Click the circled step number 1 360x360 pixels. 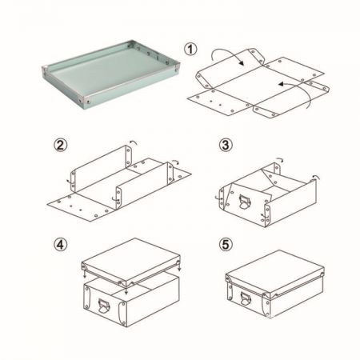tap(190, 49)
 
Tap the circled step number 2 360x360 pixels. tap(61, 146)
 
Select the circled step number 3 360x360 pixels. tap(226, 145)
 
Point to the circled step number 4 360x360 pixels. tap(61, 245)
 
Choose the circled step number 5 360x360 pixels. tap(226, 245)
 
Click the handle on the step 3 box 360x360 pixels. tap(245, 202)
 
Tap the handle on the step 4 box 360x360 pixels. tap(103, 306)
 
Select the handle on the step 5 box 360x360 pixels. tap(246, 298)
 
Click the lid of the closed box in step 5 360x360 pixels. tap(275, 273)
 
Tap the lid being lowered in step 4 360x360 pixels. tap(131, 261)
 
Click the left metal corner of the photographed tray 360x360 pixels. tap(44, 70)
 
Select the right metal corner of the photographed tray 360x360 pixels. tap(178, 66)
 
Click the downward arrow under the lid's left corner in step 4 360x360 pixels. tap(85, 274)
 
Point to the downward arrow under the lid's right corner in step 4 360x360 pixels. tap(179, 266)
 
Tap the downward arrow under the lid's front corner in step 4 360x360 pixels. tap(126, 290)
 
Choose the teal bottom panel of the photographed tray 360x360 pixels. tap(106, 70)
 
